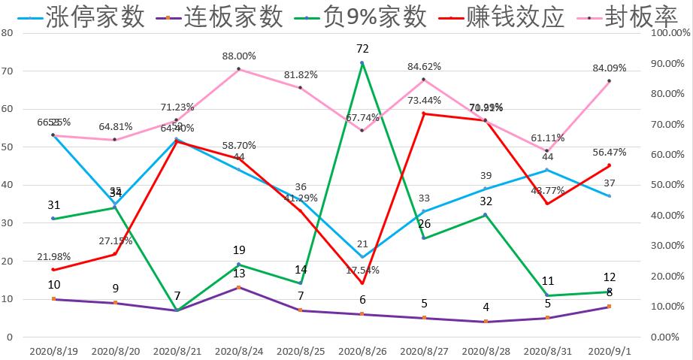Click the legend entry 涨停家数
(95, 17)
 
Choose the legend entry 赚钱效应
(515, 17)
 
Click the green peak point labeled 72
(362, 63)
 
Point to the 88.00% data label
(239, 56)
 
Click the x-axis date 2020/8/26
(362, 350)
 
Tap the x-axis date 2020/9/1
(609, 350)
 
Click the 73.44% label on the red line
(425, 100)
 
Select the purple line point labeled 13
(239, 287)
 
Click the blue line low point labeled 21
(362, 257)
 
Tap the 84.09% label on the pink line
(610, 68)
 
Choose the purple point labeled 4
(486, 322)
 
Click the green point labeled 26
(424, 237)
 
